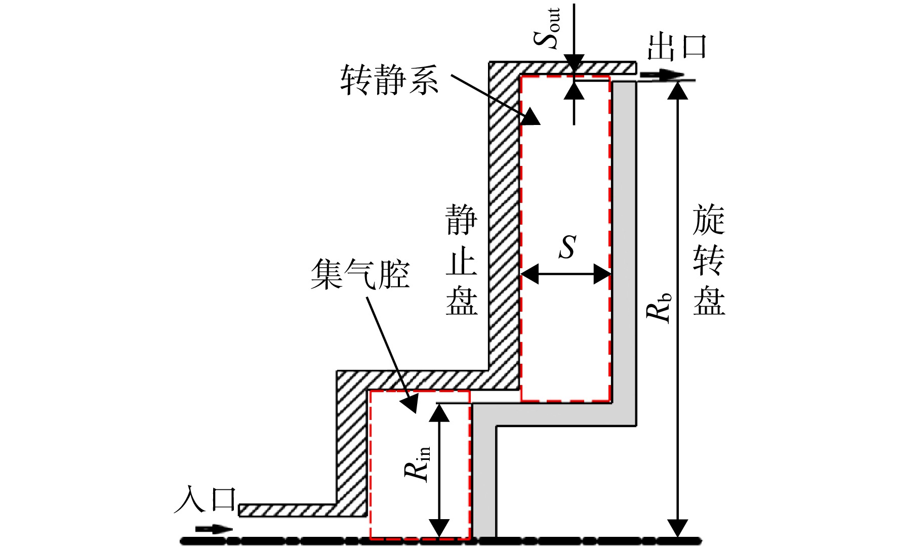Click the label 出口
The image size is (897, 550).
pyautogui.click(x=676, y=47)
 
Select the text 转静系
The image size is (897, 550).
pyautogui.click(x=389, y=80)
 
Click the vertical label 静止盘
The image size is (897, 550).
pyautogui.click(x=461, y=260)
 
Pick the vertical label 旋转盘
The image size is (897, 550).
pyautogui.click(x=709, y=260)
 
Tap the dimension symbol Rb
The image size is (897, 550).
pyautogui.click(x=659, y=308)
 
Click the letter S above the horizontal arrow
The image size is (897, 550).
pyautogui.click(x=567, y=247)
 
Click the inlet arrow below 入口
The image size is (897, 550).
pyautogui.click(x=214, y=529)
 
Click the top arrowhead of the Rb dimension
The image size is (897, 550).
pyautogui.click(x=677, y=90)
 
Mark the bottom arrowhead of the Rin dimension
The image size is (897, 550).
pyautogui.click(x=439, y=528)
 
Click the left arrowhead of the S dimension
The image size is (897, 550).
pyautogui.click(x=529, y=275)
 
